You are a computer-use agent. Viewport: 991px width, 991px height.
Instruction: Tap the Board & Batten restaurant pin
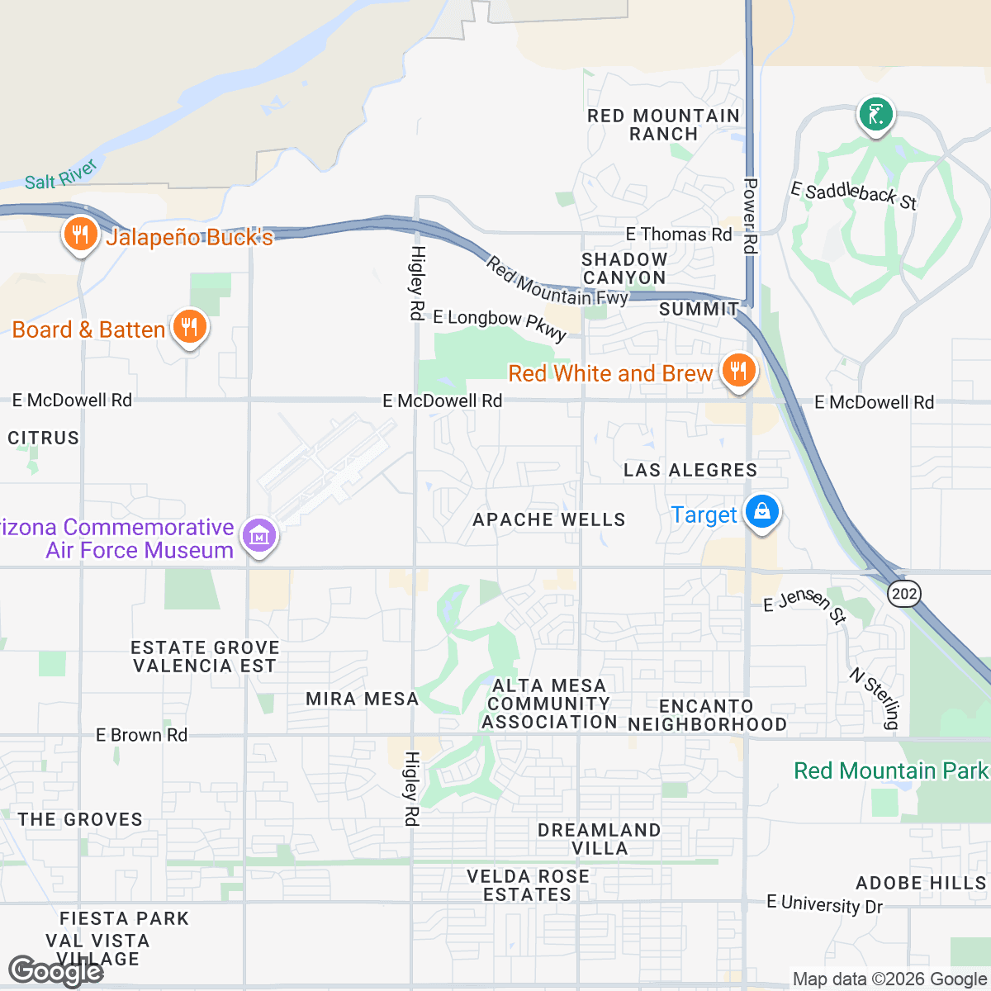click(189, 328)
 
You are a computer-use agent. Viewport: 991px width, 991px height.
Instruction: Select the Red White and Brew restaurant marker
click(738, 372)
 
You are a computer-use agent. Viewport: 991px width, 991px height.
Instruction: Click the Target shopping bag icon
click(761, 513)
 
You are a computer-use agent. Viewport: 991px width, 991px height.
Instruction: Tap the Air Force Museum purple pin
click(259, 537)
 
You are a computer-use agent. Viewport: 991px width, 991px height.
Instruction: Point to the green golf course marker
click(875, 114)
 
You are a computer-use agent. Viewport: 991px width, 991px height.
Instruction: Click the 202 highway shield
click(904, 593)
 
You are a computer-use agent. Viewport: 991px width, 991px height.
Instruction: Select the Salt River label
click(61, 175)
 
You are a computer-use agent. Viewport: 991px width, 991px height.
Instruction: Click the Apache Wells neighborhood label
click(548, 519)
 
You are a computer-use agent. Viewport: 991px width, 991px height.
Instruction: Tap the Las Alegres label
click(690, 470)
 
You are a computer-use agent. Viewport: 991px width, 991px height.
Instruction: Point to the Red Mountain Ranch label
click(663, 125)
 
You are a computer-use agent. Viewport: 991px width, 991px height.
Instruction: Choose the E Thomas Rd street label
click(678, 235)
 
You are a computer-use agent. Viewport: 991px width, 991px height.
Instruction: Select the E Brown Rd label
click(141, 735)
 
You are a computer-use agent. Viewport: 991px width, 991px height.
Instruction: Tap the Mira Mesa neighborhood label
click(362, 699)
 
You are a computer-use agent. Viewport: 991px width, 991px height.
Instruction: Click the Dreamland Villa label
click(599, 839)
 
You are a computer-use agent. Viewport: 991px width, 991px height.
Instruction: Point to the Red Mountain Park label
click(890, 771)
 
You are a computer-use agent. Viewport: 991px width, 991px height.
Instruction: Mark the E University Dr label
click(824, 904)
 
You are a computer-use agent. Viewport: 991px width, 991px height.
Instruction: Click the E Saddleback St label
click(853, 196)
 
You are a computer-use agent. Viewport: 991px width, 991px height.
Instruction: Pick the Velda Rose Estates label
click(528, 885)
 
